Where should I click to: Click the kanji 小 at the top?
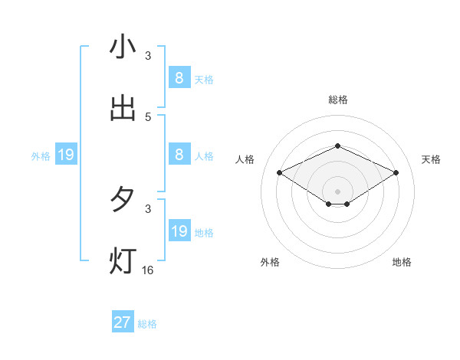pos(123,47)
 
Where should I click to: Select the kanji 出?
pos(123,108)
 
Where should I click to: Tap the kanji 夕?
pos(123,200)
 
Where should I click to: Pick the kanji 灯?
pos(123,261)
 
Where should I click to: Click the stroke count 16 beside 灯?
pos(148,270)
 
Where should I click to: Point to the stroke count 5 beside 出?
pos(148,116)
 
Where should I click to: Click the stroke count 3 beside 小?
pos(148,55)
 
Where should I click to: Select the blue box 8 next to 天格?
pos(179,77)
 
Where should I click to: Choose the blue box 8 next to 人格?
pos(179,155)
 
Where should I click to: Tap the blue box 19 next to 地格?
pos(179,231)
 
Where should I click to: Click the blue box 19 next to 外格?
pos(66,155)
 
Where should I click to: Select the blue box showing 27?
pos(123,322)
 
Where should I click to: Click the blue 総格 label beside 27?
pos(148,324)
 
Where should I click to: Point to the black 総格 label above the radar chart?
pos(337,100)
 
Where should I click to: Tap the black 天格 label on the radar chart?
pos(432,159)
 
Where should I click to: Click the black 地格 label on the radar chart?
pos(402,262)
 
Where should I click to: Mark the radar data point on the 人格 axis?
pos(280,173)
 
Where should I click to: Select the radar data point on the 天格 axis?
pos(396,173)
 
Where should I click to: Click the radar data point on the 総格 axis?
pos(337,146)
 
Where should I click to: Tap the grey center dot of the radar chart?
pos(337,191)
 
